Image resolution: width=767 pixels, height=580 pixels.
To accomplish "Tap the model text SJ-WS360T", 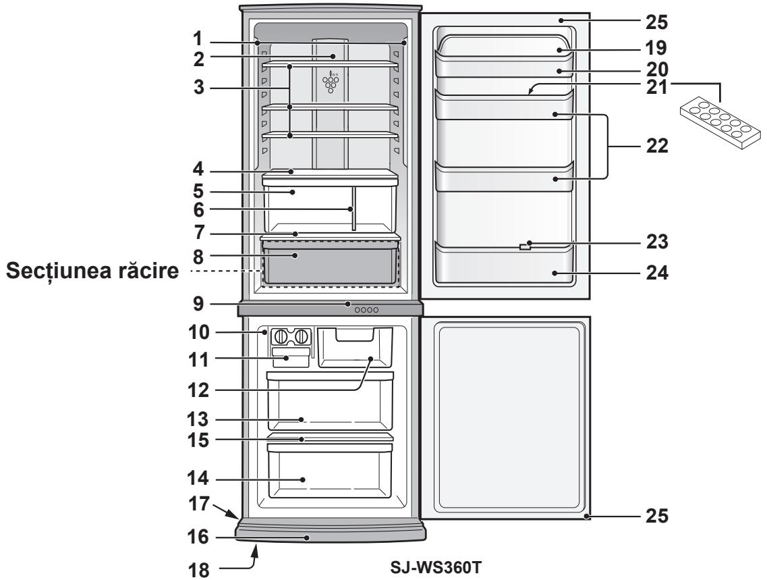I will pyautogui.click(x=425, y=562).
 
